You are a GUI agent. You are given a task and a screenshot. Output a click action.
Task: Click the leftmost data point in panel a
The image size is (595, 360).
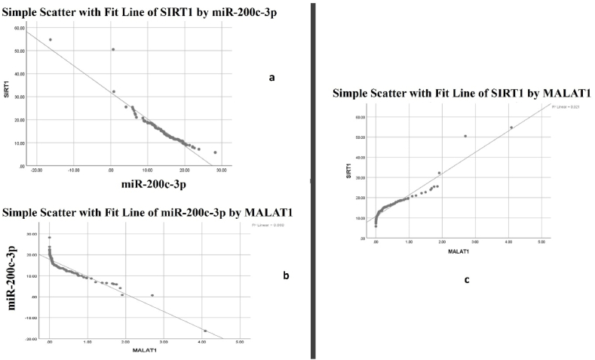click(51, 40)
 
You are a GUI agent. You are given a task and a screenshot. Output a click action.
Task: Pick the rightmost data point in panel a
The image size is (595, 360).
click(215, 152)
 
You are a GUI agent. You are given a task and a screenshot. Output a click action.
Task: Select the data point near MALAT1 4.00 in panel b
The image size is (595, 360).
click(204, 331)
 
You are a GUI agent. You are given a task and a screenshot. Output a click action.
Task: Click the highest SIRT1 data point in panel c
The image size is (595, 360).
click(511, 128)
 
